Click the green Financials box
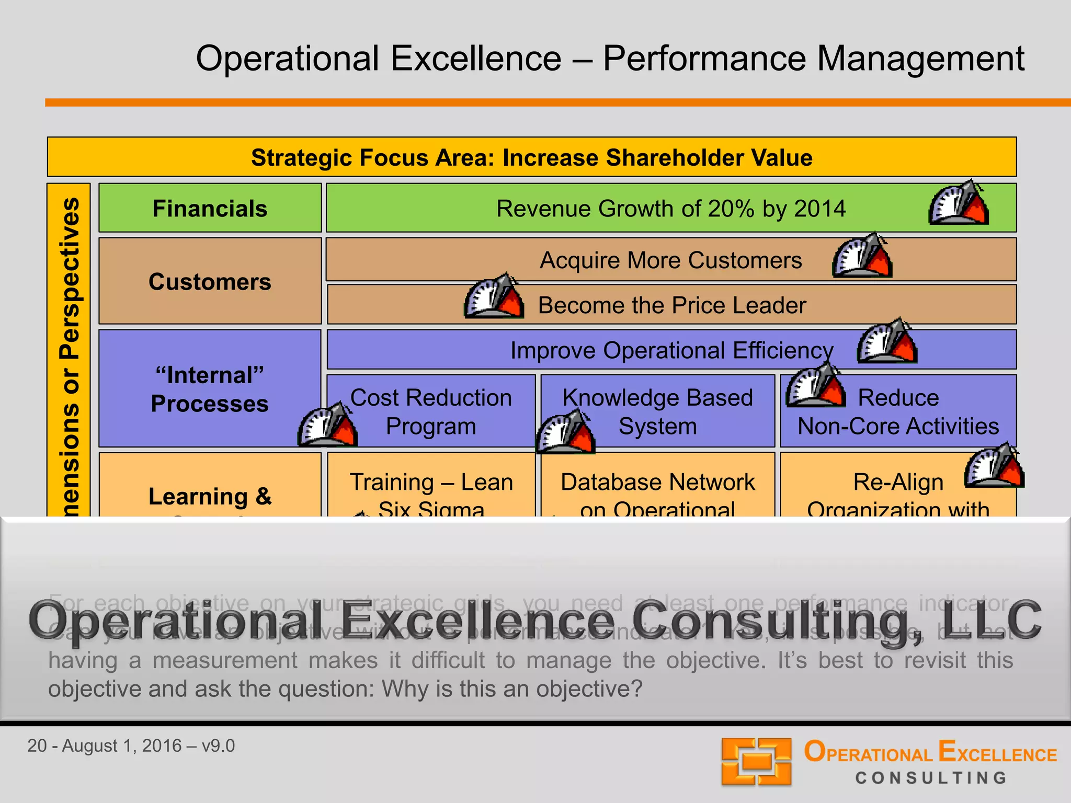click(210, 208)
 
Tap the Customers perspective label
click(210, 282)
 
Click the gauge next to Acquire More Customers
click(862, 256)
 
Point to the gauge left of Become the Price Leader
click(494, 297)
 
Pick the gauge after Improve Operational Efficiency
click(887, 341)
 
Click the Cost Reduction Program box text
click(431, 411)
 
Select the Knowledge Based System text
click(657, 411)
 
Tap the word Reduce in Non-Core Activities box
click(898, 398)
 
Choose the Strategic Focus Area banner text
click(531, 157)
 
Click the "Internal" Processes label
click(210, 389)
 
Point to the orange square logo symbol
click(756, 761)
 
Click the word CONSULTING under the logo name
click(931, 778)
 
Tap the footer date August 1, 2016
click(122, 745)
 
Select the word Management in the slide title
click(920, 58)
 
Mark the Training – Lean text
click(431, 482)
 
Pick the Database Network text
click(657, 482)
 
